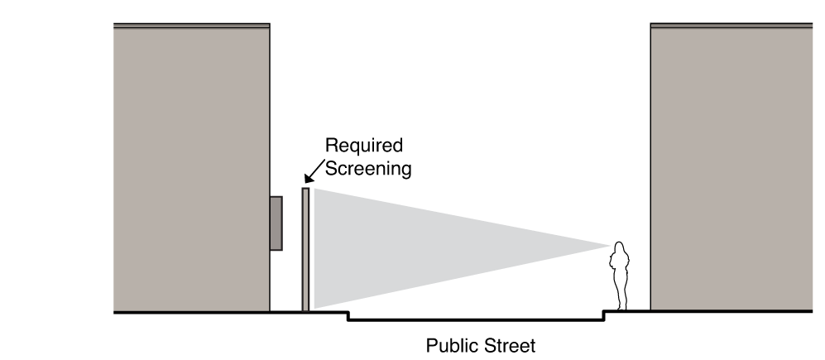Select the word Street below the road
[508, 344]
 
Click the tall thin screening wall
[305, 248]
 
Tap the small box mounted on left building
[276, 223]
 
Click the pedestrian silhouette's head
[618, 247]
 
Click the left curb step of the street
[348, 316]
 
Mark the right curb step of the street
[603, 316]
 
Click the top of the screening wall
[305, 190]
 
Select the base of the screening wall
[305, 308]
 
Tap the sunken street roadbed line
[476, 320]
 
